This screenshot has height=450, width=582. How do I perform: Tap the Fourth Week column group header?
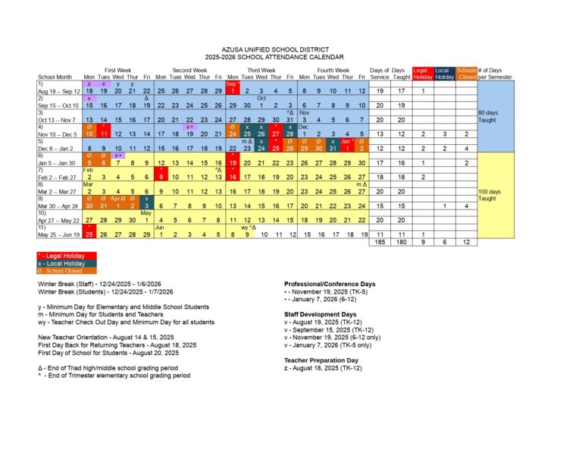pos(333,70)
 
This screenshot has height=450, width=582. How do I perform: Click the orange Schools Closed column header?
pos(466,74)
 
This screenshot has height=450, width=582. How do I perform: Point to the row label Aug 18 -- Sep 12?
pos(58,91)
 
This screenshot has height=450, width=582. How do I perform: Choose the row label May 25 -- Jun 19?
pos(58,235)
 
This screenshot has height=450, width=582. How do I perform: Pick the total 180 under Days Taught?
pos(401,243)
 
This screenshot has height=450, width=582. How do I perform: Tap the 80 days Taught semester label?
pos(487,116)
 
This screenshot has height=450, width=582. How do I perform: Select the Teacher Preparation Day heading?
pos(311,360)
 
